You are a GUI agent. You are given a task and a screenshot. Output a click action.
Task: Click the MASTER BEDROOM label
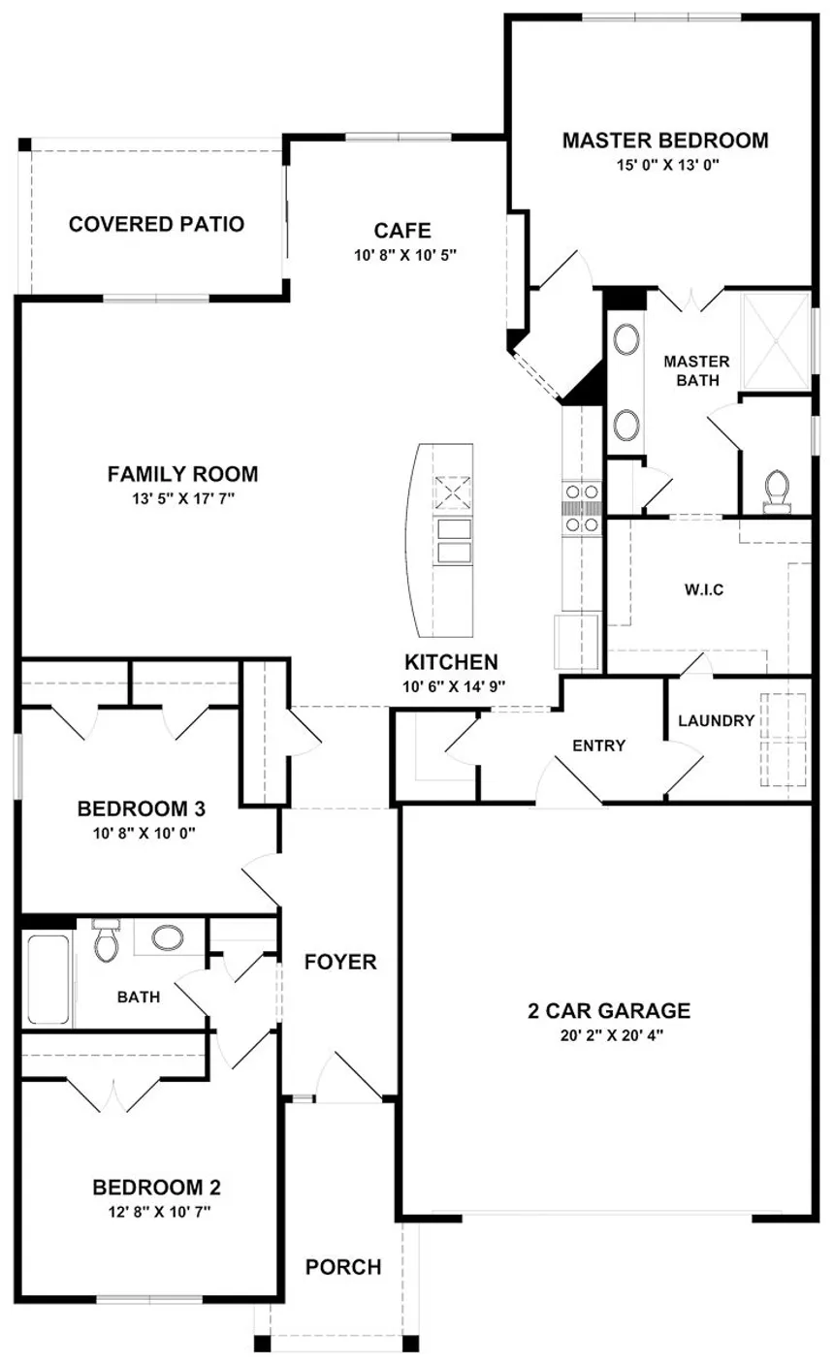pyautogui.click(x=664, y=141)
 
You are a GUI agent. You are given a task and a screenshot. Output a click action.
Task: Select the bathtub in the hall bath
pyautogui.click(x=48, y=980)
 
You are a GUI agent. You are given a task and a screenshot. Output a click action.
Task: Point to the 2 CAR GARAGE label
pyautogui.click(x=608, y=1011)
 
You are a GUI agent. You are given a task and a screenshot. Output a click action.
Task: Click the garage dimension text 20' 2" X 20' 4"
pyautogui.click(x=608, y=1034)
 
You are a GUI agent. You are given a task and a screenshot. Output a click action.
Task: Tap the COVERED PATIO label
pyautogui.click(x=156, y=224)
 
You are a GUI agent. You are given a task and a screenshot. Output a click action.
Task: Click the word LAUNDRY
pyautogui.click(x=716, y=720)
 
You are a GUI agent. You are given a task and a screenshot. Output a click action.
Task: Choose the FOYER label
pyautogui.click(x=339, y=962)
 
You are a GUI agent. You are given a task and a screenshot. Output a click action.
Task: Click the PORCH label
pyautogui.click(x=343, y=1267)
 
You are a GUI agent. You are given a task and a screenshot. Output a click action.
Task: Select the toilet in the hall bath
pyautogui.click(x=106, y=940)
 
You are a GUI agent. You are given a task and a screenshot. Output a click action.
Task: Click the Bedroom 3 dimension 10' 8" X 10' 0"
pyautogui.click(x=141, y=832)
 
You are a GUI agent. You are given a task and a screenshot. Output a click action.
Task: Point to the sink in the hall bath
pyautogui.click(x=169, y=937)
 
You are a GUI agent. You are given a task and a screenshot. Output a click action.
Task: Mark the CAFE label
pyautogui.click(x=401, y=231)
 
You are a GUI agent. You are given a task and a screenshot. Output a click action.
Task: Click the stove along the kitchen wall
pyautogui.click(x=582, y=507)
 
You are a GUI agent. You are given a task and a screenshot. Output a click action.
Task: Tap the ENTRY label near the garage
pyautogui.click(x=598, y=745)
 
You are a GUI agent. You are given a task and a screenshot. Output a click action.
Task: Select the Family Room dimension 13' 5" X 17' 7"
pyautogui.click(x=182, y=497)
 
